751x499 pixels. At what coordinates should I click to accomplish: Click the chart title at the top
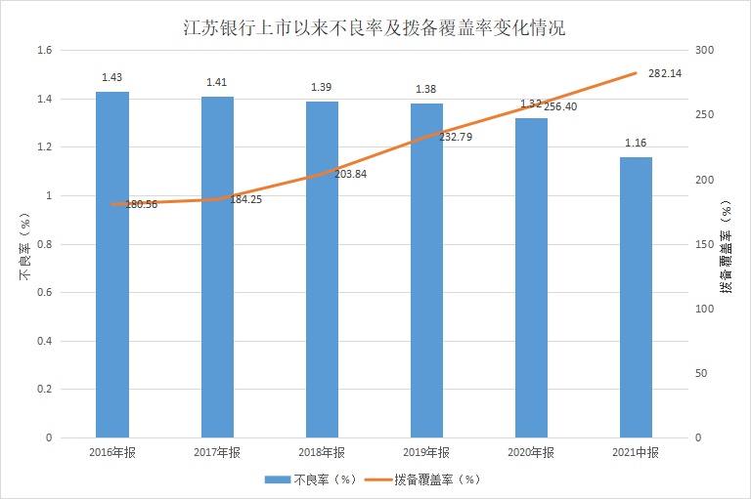click(x=375, y=28)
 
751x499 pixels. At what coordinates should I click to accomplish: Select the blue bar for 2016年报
click(x=112, y=264)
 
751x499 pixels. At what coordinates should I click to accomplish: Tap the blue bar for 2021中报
click(x=636, y=297)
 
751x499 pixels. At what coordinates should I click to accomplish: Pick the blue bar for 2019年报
click(x=426, y=270)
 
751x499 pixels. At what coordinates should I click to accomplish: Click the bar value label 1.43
click(x=112, y=76)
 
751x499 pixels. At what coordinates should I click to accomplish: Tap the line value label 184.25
click(x=245, y=199)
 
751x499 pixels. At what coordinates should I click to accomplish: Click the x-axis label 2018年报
click(x=322, y=452)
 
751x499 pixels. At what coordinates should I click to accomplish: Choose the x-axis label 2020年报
click(x=531, y=452)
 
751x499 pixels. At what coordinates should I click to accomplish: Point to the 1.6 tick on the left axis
click(x=43, y=51)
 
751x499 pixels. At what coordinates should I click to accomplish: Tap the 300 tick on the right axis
click(x=704, y=51)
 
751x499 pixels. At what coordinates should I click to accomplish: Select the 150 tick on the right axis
click(x=704, y=244)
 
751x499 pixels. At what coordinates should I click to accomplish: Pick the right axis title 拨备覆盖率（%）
click(x=726, y=244)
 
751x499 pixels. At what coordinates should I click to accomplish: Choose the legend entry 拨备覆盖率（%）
click(x=437, y=479)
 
